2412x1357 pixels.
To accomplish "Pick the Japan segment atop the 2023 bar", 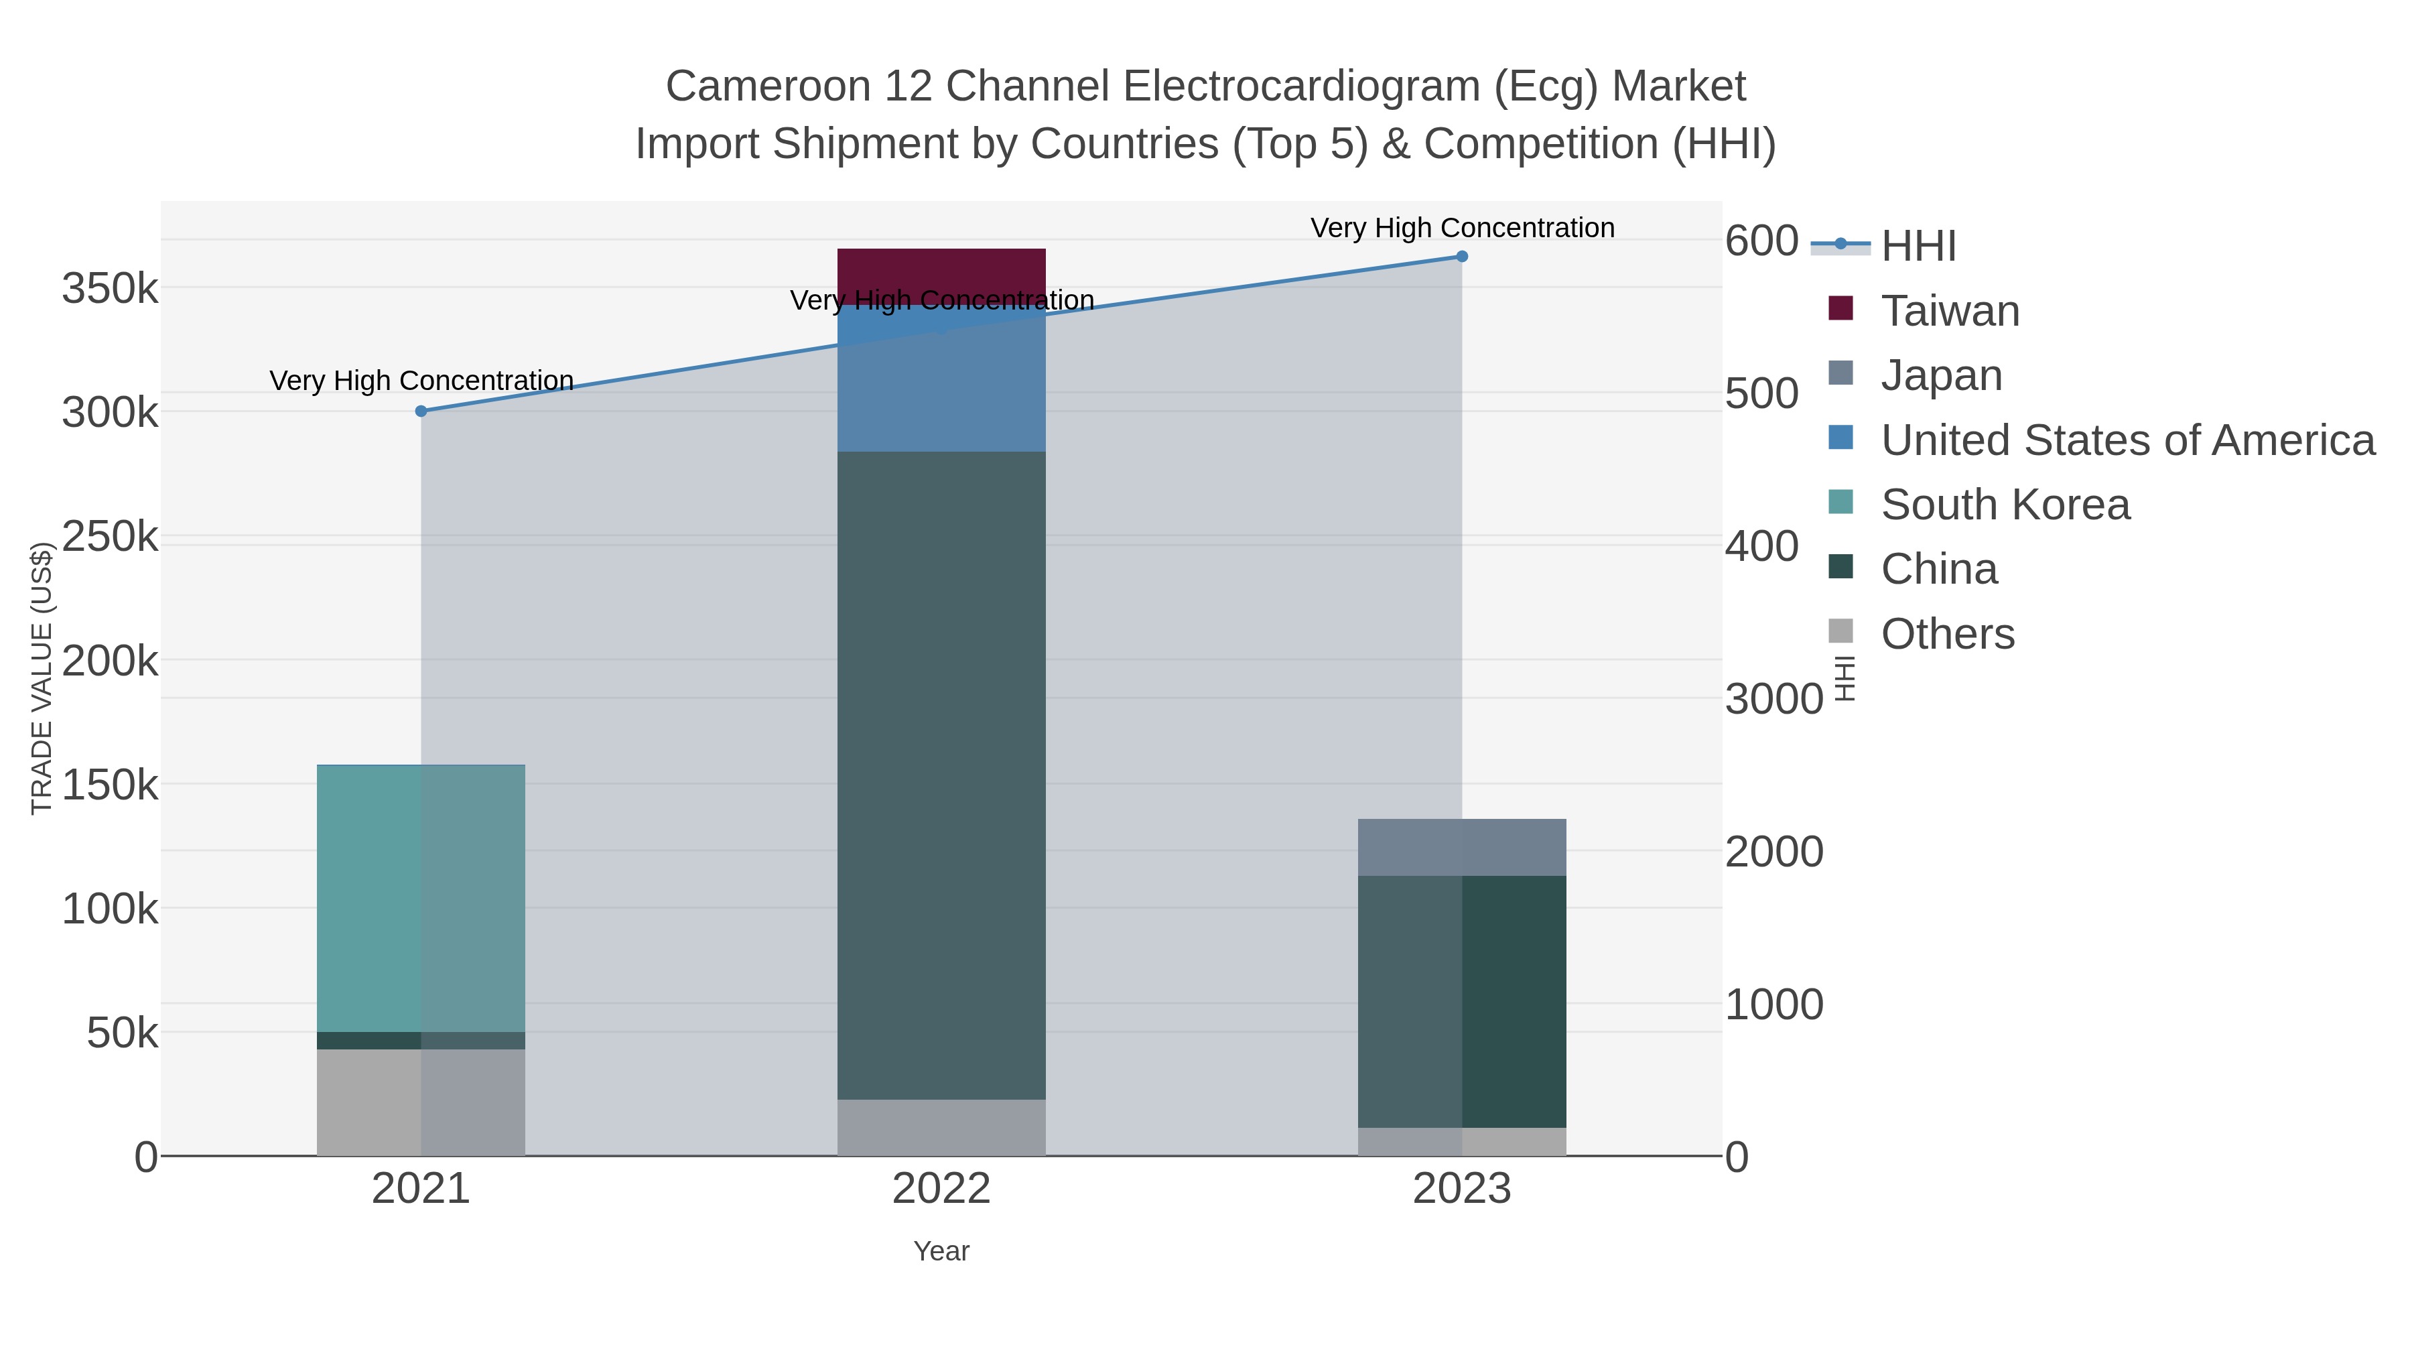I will (x=1462, y=848).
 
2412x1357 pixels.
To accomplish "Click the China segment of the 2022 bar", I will (x=941, y=775).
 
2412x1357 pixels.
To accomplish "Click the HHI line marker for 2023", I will (x=1462, y=257).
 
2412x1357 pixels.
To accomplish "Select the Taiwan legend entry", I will (x=1950, y=311).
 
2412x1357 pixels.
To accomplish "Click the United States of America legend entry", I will (x=2127, y=440).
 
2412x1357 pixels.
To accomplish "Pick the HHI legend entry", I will (x=1918, y=247).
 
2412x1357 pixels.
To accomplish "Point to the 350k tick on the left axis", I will (x=110, y=289).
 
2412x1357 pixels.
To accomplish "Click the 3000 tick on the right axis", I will (x=1773, y=700).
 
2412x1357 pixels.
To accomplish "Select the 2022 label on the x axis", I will (x=941, y=1190).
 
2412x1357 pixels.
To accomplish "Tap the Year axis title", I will (x=941, y=1251).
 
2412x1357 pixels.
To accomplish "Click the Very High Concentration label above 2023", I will (x=1462, y=229).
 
